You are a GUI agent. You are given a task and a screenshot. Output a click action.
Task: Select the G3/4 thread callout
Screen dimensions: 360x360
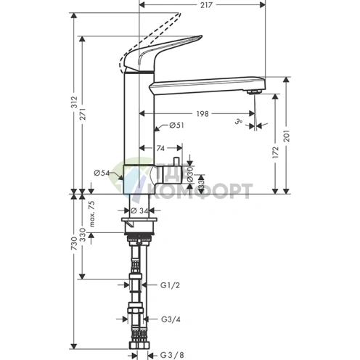[169, 319]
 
